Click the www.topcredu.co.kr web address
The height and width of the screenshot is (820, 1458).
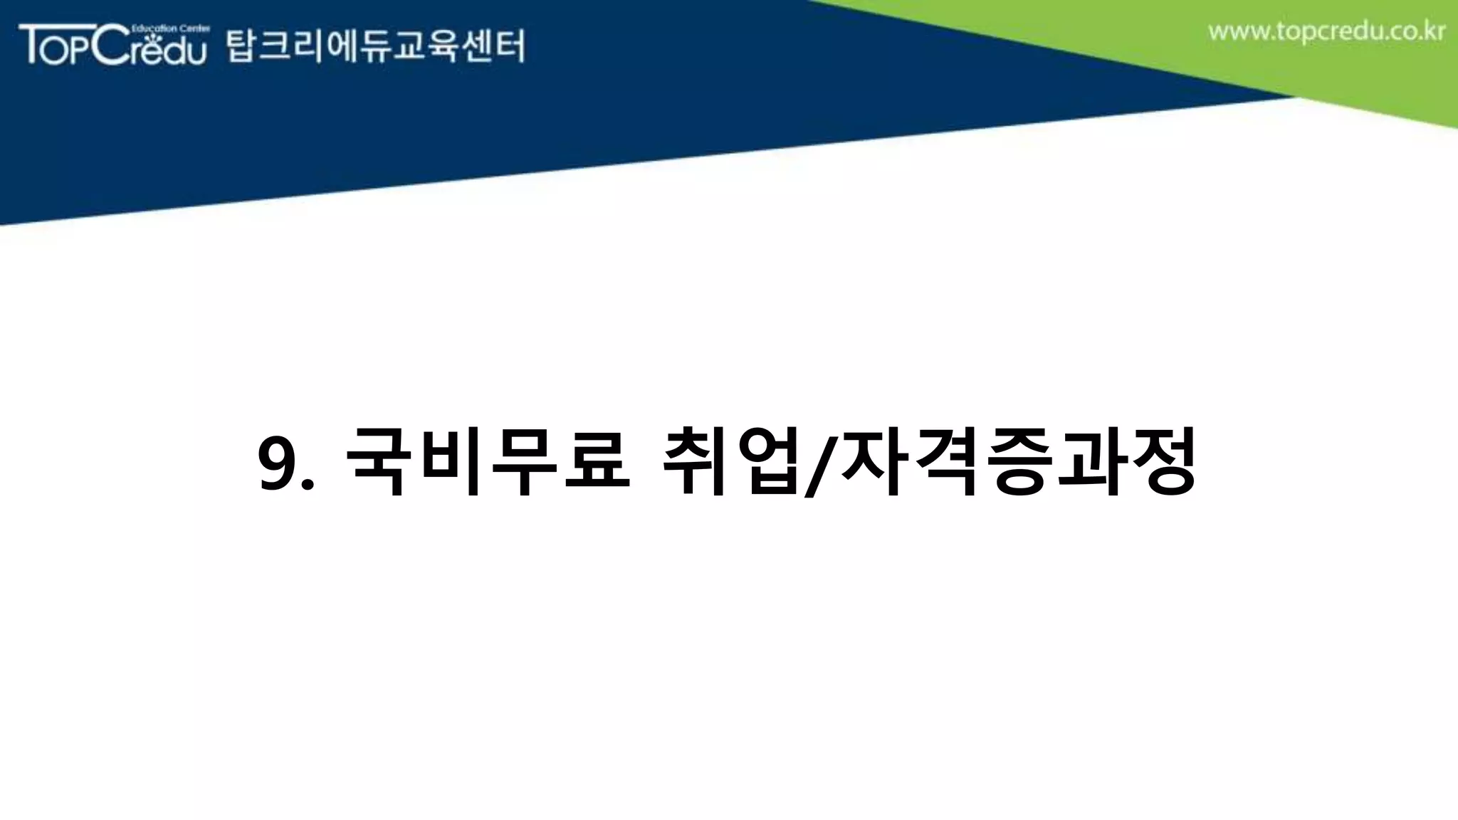[1326, 33]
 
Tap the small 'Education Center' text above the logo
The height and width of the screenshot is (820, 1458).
[171, 28]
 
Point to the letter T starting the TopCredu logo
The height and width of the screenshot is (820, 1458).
[31, 44]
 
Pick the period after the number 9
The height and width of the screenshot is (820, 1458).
[308, 486]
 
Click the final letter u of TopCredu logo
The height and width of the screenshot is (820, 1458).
[194, 53]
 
